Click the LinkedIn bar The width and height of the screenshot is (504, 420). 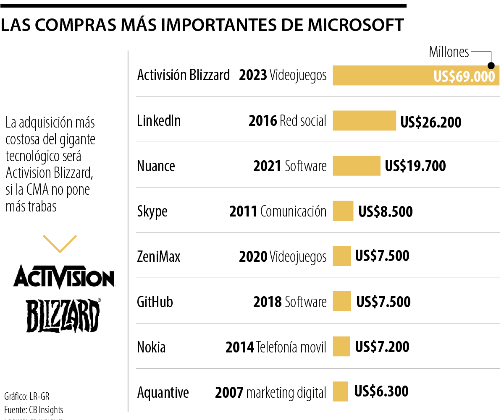364,120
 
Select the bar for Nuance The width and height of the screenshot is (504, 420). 356,166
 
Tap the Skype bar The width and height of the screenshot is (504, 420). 343,211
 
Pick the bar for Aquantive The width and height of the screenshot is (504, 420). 340,391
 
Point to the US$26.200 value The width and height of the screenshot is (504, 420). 430,122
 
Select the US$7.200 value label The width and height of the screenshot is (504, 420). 382,347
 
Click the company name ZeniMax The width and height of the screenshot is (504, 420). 159,256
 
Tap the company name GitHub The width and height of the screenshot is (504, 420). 155,302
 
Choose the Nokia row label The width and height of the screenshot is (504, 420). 151,347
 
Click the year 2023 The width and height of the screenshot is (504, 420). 253,75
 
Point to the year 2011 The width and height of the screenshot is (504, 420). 243,211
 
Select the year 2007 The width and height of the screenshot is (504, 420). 229,393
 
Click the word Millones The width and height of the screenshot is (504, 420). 449,52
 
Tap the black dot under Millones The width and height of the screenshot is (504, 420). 491,66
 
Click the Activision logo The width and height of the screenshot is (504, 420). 64,277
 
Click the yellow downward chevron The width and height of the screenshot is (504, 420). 60,243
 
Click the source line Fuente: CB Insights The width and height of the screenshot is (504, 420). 34,410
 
